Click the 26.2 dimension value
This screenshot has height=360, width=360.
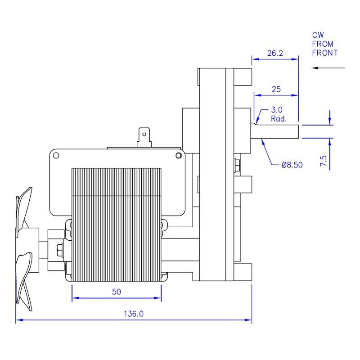pyautogui.click(x=275, y=53)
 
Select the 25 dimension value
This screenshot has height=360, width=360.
pyautogui.click(x=276, y=89)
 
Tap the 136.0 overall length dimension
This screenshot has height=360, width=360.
pyautogui.click(x=134, y=314)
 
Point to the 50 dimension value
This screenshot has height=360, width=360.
pyautogui.click(x=117, y=292)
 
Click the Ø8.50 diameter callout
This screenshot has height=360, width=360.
pyautogui.click(x=292, y=165)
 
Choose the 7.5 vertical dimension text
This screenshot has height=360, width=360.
pyautogui.click(x=323, y=161)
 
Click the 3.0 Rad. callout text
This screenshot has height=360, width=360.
pyautogui.click(x=279, y=114)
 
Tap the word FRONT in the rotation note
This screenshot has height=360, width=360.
pyautogui.click(x=325, y=53)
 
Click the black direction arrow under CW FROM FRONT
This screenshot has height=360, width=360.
pyautogui.click(x=328, y=68)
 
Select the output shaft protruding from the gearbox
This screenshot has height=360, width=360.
pyautogui.click(x=275, y=132)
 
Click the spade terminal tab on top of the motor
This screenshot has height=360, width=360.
pyautogui.click(x=144, y=137)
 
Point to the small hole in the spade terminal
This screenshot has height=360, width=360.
pyautogui.click(x=144, y=134)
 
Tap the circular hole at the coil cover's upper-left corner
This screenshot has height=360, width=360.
pyautogui.click(x=56, y=156)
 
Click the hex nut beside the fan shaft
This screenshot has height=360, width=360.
pyautogui.click(x=60, y=250)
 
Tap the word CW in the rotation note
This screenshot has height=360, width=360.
pyautogui.click(x=318, y=35)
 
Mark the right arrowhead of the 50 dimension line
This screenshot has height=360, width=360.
pyautogui.click(x=158, y=298)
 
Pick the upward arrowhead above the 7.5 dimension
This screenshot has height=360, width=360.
pyautogui.click(x=330, y=142)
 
